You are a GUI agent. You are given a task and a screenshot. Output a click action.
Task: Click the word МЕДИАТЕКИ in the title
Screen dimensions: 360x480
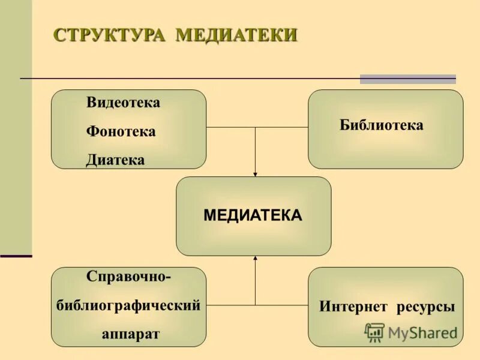coord(236,35)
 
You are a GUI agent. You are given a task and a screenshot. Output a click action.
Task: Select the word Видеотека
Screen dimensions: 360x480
coord(123,103)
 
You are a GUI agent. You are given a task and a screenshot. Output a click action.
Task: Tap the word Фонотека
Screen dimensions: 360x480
coord(121,131)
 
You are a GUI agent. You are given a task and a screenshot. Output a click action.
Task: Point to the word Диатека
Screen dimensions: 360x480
coord(115,160)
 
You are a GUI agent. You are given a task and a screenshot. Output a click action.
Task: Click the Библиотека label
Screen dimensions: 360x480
coord(382,125)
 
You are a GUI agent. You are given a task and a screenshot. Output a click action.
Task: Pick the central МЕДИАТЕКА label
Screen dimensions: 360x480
coord(253,215)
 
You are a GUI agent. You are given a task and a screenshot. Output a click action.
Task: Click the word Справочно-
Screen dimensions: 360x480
coord(128,277)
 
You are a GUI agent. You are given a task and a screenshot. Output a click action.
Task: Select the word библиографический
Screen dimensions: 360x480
coord(128,305)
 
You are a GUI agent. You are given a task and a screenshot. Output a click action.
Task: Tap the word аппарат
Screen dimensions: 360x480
coord(131,334)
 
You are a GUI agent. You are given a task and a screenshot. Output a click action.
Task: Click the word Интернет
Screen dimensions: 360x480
coord(353,307)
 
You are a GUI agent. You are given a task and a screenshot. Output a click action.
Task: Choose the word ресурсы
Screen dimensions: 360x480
coord(425,307)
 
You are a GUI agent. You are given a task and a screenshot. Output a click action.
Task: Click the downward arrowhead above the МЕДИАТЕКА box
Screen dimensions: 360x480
coord(255,174)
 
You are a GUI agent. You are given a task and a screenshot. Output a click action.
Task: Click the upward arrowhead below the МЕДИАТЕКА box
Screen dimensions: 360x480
coord(255,259)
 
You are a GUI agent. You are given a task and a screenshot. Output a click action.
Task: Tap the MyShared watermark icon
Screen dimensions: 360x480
coord(375,332)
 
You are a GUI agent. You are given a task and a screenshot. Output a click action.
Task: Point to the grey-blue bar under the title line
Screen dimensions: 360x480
coord(407,79)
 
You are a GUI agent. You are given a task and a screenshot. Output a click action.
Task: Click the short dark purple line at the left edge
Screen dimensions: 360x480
coord(16,256)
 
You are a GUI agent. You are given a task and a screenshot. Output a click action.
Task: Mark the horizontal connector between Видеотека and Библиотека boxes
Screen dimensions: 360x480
coord(257,127)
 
